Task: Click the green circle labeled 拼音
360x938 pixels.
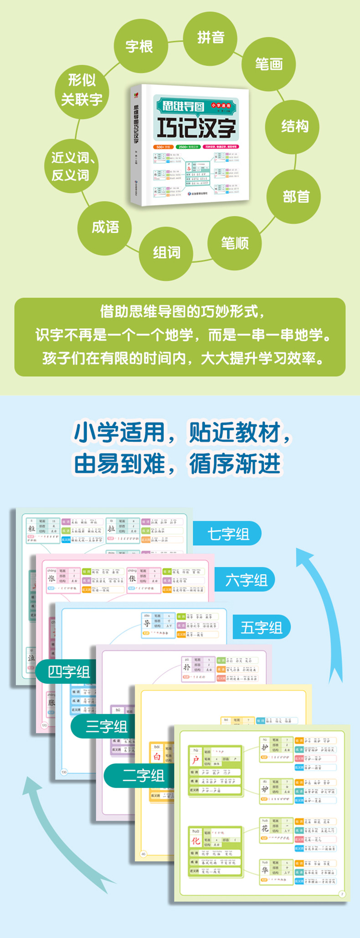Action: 210,37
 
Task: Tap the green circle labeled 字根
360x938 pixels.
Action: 139,46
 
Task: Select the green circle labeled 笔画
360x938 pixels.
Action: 269,64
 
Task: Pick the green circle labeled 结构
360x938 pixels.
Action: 294,126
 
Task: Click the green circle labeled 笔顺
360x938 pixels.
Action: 235,243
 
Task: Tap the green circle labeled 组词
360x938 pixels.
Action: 166,253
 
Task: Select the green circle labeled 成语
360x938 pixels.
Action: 105,227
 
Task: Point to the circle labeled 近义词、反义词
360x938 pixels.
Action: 72,166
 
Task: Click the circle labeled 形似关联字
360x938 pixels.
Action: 82,89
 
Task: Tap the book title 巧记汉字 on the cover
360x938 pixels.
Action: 196,127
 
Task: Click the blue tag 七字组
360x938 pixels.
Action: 227,534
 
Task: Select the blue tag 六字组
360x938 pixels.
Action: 246,580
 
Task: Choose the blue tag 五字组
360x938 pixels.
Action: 261,628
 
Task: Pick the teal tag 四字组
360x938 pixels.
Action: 68,671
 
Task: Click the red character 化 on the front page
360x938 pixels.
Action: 195,840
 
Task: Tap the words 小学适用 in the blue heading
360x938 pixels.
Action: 119,432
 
